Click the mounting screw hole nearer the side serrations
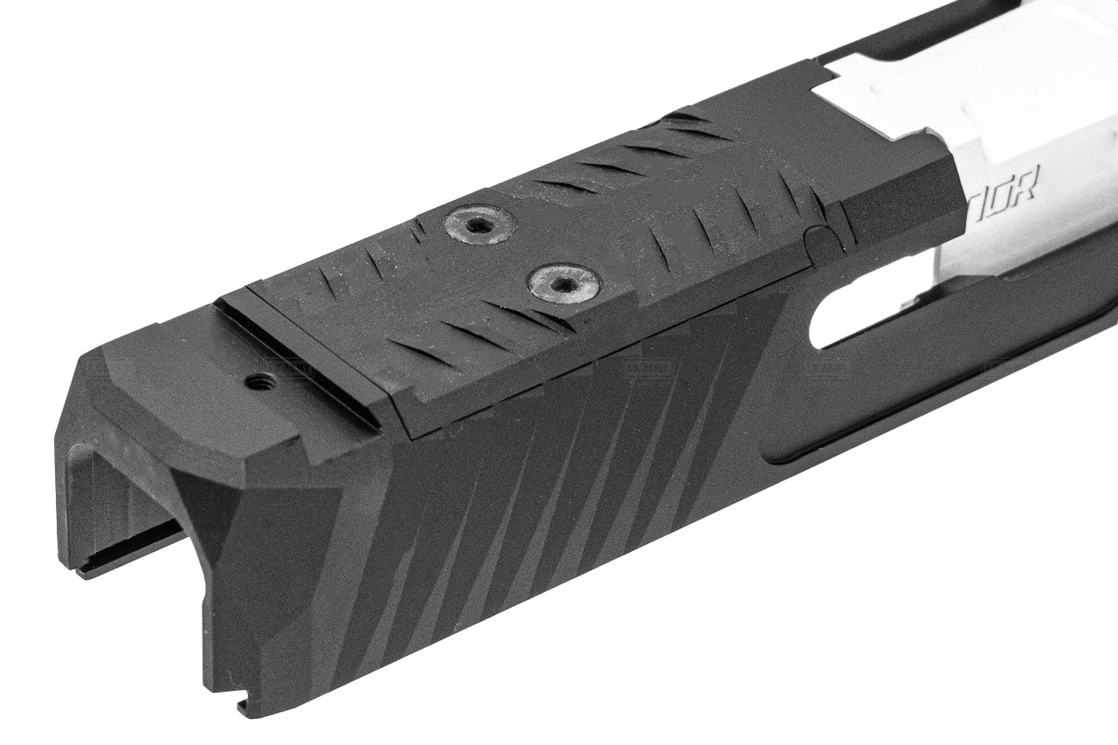(564, 283)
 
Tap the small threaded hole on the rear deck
(260, 381)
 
